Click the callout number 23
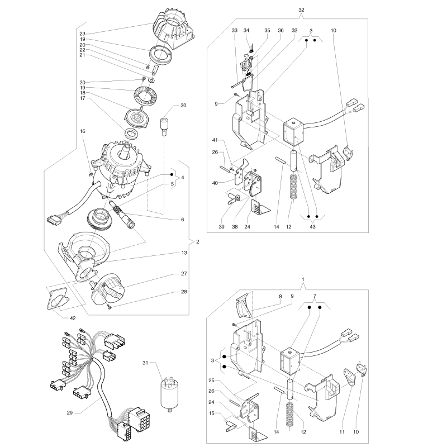coord(82,34)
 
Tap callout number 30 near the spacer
coord(183,106)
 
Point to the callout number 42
coord(73,318)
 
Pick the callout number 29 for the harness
coord(70,412)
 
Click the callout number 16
coord(82,131)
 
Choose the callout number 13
coord(184,253)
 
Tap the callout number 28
coord(184,292)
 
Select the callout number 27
coord(184,274)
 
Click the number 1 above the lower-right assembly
coord(303,279)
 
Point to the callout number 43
coord(312,227)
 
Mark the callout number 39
coord(221,227)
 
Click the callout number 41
coord(215,140)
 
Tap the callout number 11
coord(342,432)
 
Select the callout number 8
coord(280,297)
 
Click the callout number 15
coord(212,413)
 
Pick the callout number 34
coord(246,30)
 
